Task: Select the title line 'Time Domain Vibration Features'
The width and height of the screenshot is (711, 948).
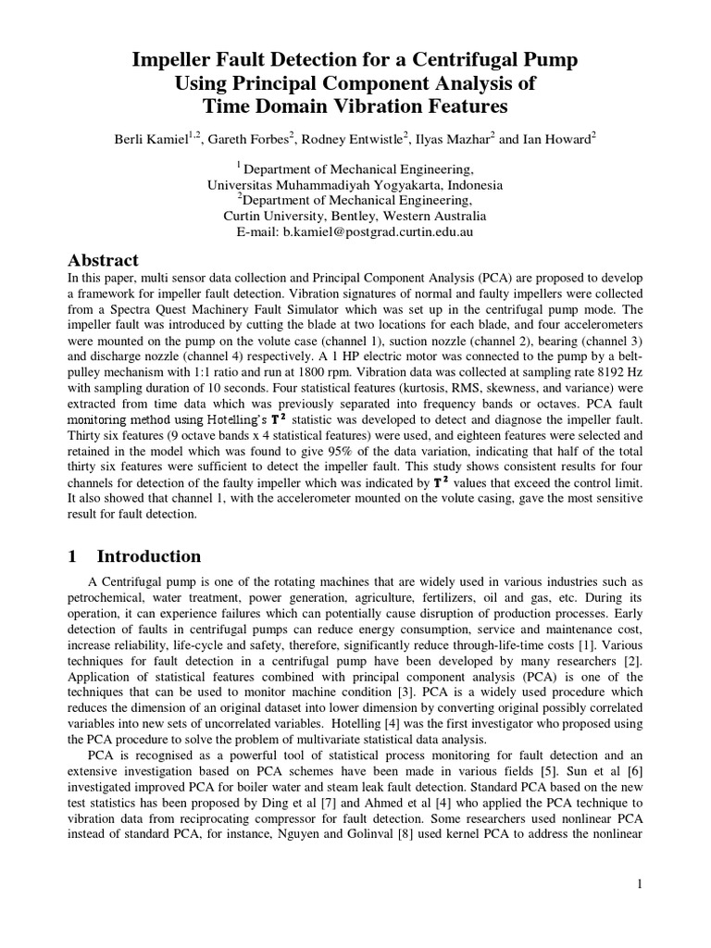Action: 355,106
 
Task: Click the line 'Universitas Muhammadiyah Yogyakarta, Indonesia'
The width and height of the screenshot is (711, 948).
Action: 355,184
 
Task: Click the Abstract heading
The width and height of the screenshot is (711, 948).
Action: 104,260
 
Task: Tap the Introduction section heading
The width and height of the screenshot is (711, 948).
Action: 148,556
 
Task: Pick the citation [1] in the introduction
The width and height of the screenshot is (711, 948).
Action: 564,648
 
